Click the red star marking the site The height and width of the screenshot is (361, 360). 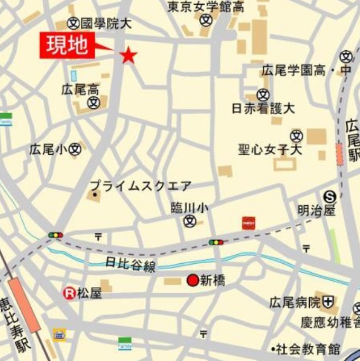pyautogui.click(x=128, y=55)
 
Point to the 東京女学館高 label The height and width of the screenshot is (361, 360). pyautogui.click(x=206, y=7)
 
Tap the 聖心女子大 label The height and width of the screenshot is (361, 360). pyautogui.click(x=270, y=150)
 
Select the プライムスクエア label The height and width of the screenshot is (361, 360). pyautogui.click(x=141, y=186)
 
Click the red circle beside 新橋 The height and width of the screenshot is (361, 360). pyautogui.click(x=193, y=280)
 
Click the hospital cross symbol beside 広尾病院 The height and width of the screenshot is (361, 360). pyautogui.click(x=329, y=302)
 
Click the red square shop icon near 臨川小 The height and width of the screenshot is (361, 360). pyautogui.click(x=248, y=223)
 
